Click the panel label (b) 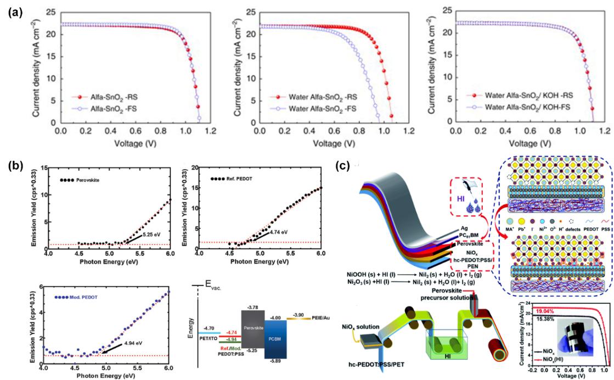(14, 164)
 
